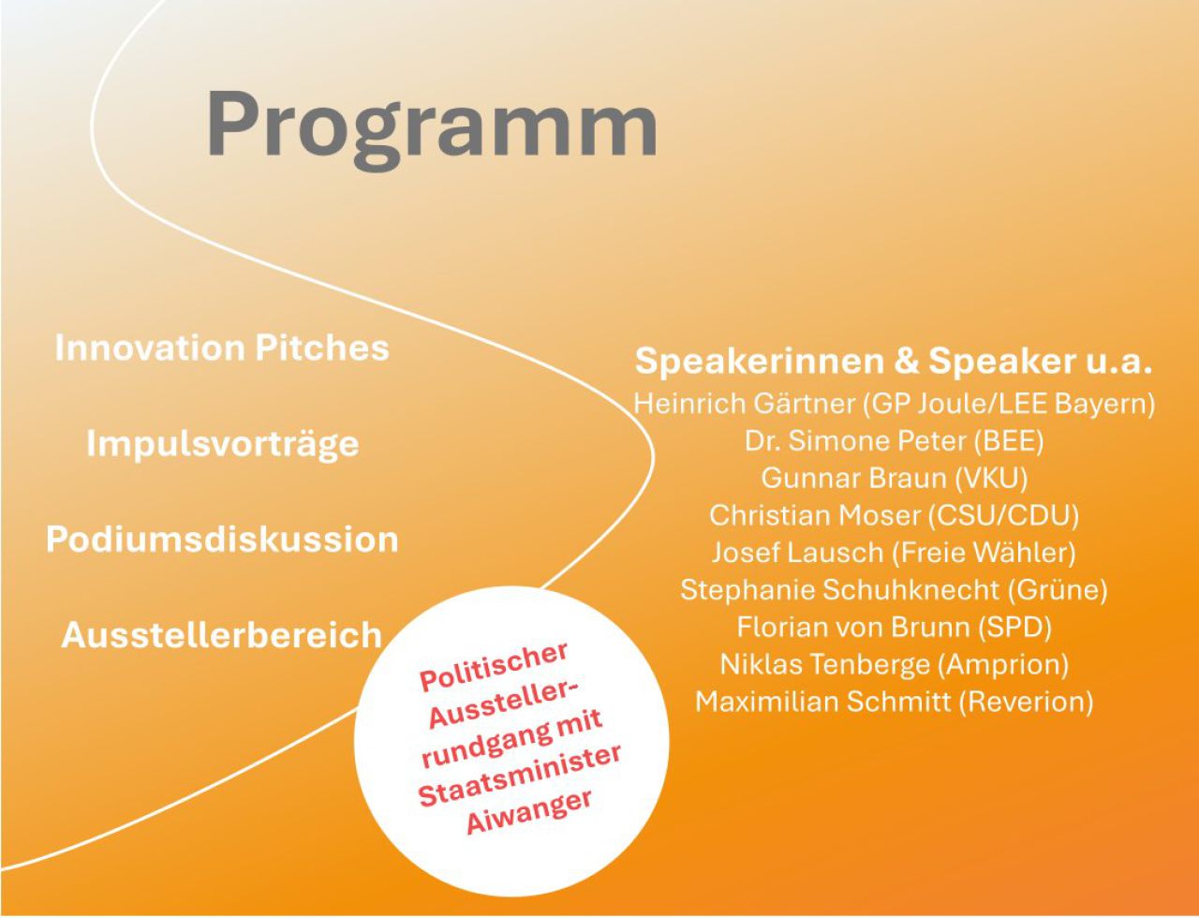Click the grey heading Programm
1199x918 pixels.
pos(432,128)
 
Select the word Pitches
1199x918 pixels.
pos(322,348)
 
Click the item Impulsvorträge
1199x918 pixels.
pos(223,445)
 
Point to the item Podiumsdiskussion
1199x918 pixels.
pos(222,539)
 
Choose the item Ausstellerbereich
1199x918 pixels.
pos(222,634)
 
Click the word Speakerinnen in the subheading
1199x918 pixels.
pos(760,362)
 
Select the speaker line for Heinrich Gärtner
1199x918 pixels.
pos(894,405)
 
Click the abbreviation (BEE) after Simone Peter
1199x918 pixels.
pos(1009,441)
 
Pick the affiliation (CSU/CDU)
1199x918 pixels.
pos(1003,516)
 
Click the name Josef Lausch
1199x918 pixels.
pos(797,553)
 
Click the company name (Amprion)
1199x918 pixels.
pos(1003,665)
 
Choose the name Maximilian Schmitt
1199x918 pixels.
pos(823,703)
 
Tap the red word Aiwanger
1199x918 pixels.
pos(529,812)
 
